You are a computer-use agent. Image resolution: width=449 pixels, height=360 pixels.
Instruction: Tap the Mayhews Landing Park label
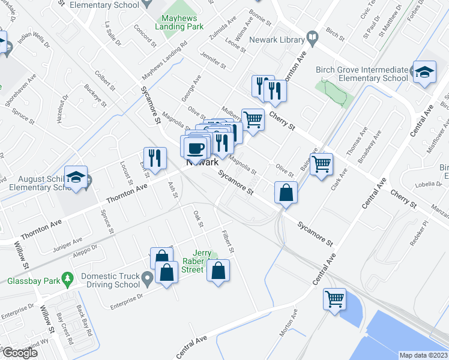(x=179, y=23)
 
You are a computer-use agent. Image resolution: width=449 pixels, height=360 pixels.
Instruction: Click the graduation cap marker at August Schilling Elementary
(x=76, y=177)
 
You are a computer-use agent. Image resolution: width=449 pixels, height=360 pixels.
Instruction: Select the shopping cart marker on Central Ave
(x=334, y=298)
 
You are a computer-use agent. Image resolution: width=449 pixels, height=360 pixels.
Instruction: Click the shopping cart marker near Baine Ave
(x=322, y=163)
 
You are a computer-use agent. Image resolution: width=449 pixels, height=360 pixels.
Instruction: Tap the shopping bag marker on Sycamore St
(x=286, y=193)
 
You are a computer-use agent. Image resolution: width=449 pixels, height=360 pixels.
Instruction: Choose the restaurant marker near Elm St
(x=155, y=158)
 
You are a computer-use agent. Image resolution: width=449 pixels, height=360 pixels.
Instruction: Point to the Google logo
(x=19, y=353)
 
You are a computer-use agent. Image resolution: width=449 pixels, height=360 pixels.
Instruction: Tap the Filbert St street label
(x=226, y=241)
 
